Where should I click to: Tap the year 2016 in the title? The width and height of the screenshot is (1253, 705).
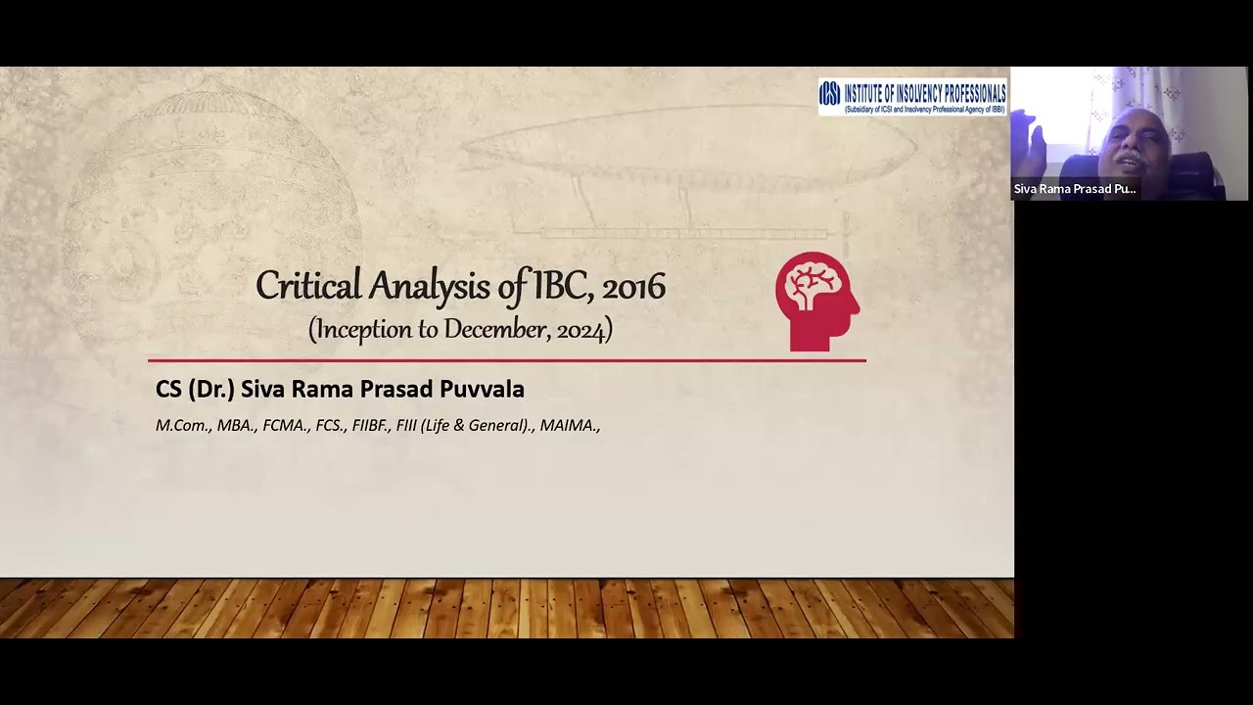(633, 287)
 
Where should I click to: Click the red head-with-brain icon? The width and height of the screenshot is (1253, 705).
(816, 301)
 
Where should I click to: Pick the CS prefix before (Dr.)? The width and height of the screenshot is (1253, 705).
(168, 389)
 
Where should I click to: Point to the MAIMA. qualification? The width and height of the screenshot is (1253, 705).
(570, 426)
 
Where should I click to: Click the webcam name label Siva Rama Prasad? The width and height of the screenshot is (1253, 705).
(1074, 189)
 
